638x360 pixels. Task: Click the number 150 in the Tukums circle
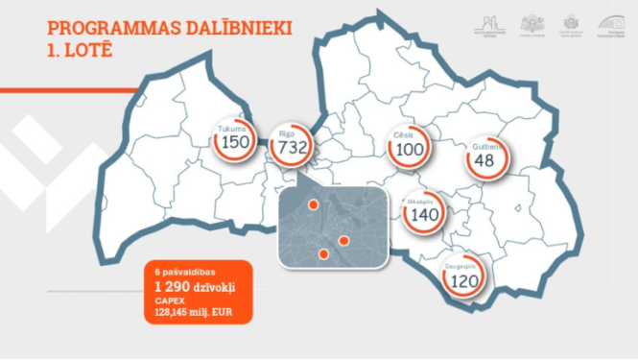(x=235, y=144)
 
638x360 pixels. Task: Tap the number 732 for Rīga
(x=292, y=148)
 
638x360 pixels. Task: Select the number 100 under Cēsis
(x=410, y=150)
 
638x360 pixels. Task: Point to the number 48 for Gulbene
(x=484, y=160)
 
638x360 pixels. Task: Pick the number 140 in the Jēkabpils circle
(x=423, y=215)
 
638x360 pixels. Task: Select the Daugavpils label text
(x=463, y=266)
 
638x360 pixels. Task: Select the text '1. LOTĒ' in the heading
(x=79, y=49)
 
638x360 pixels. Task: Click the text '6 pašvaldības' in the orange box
(x=180, y=272)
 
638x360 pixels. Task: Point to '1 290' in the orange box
(x=172, y=287)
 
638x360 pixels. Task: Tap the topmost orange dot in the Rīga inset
(x=313, y=204)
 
